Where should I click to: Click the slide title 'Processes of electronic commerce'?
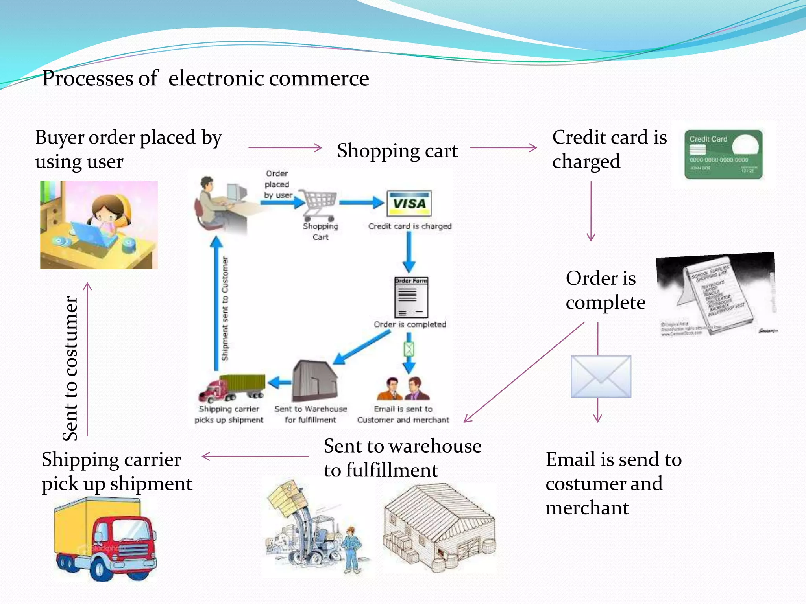click(205, 78)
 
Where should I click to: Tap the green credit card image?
click(723, 155)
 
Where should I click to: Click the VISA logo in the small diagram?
click(409, 203)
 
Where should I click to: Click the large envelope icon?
click(601, 376)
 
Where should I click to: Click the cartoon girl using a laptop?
click(99, 225)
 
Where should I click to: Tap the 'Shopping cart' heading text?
click(397, 151)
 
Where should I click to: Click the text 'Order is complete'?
click(605, 290)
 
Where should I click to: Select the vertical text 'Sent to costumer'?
click(71, 368)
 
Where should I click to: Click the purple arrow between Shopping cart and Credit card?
click(503, 148)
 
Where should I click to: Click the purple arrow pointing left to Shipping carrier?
click(255, 457)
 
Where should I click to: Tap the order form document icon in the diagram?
click(411, 297)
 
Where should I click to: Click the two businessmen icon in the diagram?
click(403, 389)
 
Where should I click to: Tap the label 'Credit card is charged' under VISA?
click(410, 226)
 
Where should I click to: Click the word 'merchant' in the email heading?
click(587, 508)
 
